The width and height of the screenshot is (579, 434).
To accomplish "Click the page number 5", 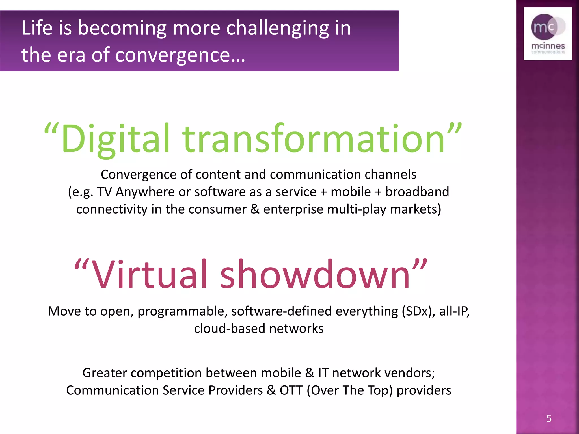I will (x=549, y=418).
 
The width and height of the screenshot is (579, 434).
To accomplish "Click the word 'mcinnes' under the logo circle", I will (x=548, y=46).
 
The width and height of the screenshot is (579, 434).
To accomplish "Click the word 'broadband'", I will (x=417, y=192).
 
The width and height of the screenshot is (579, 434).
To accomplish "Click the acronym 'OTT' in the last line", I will (x=291, y=390).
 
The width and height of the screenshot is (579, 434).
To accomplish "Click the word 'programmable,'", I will (x=183, y=311).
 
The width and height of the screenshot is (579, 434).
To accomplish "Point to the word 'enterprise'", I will (x=293, y=209).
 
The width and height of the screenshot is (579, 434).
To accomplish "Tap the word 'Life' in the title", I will (x=37, y=28).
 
